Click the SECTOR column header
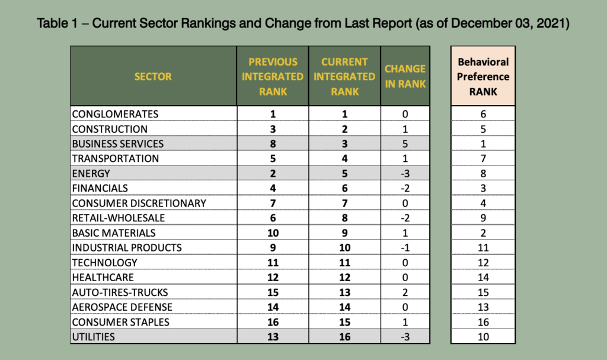pos(153,77)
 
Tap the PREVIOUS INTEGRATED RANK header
pos(273,77)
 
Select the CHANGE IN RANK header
pos(405,77)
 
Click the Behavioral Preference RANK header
pos(483,77)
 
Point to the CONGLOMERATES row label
pos(115,114)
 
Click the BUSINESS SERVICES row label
pos(118,144)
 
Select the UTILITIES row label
pos(93,337)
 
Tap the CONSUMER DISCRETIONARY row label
pos(139,203)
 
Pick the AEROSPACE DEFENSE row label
pos(122,307)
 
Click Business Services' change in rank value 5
pos(405,144)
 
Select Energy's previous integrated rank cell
pos(273,174)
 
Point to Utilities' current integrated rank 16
pos(344,337)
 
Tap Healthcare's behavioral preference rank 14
pos(483,278)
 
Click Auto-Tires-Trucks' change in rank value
pos(405,292)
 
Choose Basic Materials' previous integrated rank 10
pos(273,233)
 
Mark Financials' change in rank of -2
pos(405,189)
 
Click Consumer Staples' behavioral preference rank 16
pos(483,322)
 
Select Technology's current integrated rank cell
pos(344,263)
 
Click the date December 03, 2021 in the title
pos(509,23)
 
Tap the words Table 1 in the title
pos(57,23)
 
